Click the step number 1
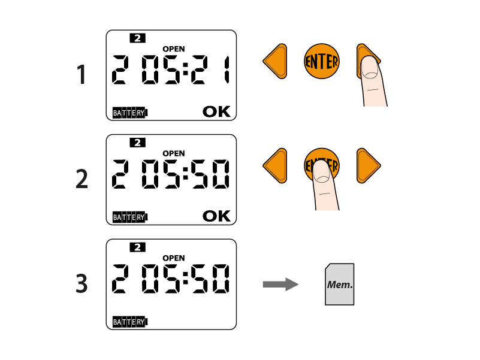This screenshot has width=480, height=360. click(x=81, y=75)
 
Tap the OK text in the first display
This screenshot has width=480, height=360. click(x=216, y=111)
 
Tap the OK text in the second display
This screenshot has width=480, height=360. click(x=216, y=216)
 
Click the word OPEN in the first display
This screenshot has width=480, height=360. click(x=174, y=49)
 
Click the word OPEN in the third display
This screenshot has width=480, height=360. click(x=174, y=258)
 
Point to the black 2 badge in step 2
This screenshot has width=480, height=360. click(x=137, y=143)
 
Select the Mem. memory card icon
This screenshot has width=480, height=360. click(x=340, y=285)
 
